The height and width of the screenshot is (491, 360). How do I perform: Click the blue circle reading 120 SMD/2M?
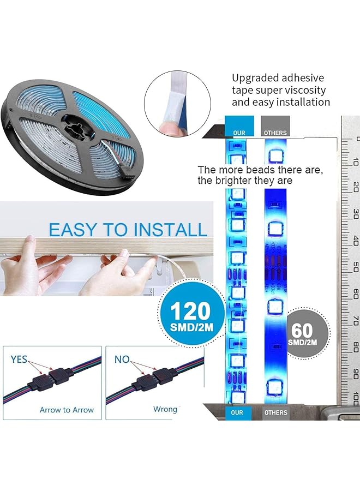[x=190, y=317]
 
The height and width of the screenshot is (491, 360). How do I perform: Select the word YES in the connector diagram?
[x=19, y=360]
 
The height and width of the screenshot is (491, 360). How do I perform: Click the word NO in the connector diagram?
[x=122, y=360]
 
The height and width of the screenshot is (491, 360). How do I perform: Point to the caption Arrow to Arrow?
[x=67, y=410]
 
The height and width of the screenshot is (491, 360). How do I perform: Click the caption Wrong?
[x=165, y=409]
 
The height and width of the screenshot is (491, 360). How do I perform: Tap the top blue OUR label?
[x=239, y=133]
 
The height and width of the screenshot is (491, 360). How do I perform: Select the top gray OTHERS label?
[x=275, y=133]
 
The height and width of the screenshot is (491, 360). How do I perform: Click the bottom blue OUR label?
[x=237, y=413]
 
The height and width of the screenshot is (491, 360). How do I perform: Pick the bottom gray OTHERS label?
[x=275, y=413]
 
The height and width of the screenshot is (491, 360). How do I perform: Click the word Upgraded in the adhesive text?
[x=255, y=78]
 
